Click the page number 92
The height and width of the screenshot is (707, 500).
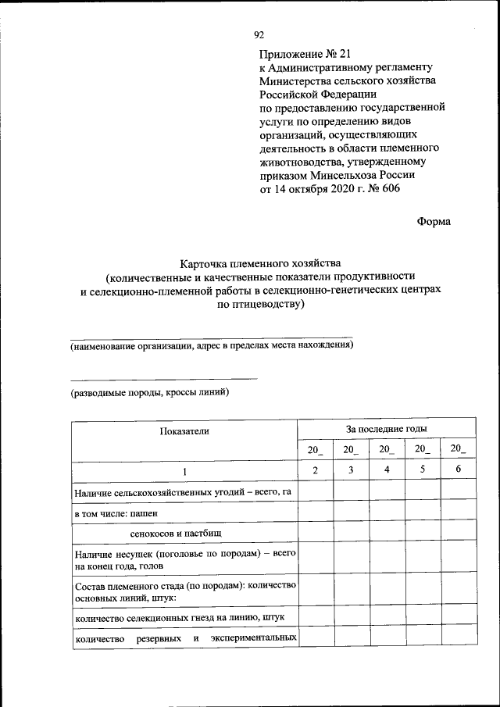coord(259,35)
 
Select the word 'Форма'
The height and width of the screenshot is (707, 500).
coord(434,221)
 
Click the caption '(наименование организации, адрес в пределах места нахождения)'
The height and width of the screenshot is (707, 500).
coord(212,345)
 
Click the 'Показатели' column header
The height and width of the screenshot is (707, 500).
coord(184,430)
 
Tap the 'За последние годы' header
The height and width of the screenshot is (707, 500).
coord(386,429)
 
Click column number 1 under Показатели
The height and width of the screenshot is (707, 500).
coord(184,471)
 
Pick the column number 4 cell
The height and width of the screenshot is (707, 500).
coord(387,470)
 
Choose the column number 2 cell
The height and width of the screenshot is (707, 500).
coord(315,470)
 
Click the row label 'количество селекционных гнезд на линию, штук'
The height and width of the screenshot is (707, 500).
coord(180,617)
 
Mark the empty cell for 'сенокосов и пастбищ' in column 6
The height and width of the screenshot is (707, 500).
coord(458,532)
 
